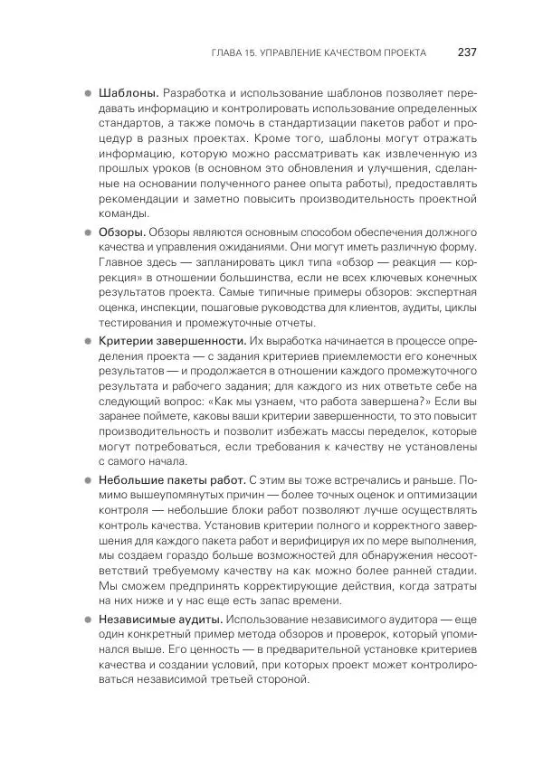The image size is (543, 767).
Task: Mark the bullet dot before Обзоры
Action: coord(88,232)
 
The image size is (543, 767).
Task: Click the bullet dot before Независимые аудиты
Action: coord(88,620)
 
